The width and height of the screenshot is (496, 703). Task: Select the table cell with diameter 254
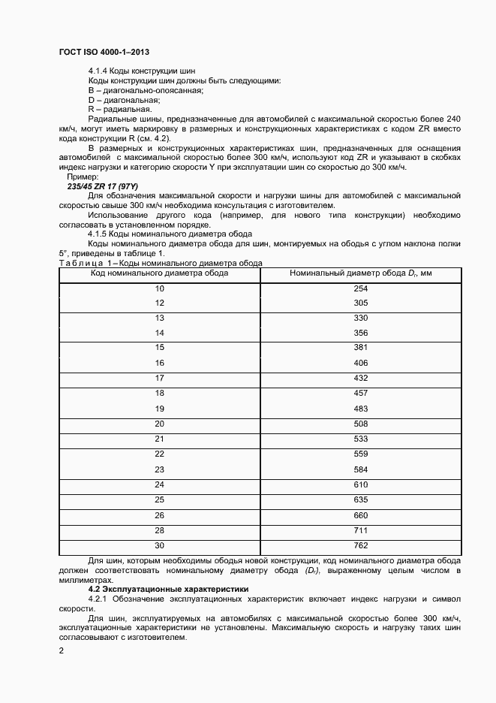(x=360, y=288)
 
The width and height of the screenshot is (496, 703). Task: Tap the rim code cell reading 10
(x=159, y=288)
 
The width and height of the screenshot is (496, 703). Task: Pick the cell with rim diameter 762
(x=360, y=545)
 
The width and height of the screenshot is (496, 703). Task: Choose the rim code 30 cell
(x=159, y=545)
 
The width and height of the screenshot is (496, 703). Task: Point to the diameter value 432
(x=360, y=378)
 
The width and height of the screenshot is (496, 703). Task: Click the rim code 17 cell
(x=159, y=378)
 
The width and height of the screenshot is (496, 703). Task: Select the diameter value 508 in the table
(x=360, y=424)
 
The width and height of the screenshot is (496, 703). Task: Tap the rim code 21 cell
(x=159, y=439)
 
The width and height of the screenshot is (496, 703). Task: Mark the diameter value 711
(x=360, y=530)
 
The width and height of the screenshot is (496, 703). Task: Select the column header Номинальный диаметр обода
(x=361, y=273)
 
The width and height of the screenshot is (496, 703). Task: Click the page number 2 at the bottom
(x=61, y=650)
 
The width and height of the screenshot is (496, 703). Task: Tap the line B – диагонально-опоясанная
(x=135, y=90)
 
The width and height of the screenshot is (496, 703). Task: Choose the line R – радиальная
(x=120, y=109)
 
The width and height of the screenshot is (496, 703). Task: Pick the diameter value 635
(x=360, y=499)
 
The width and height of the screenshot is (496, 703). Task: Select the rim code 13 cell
(x=159, y=318)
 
